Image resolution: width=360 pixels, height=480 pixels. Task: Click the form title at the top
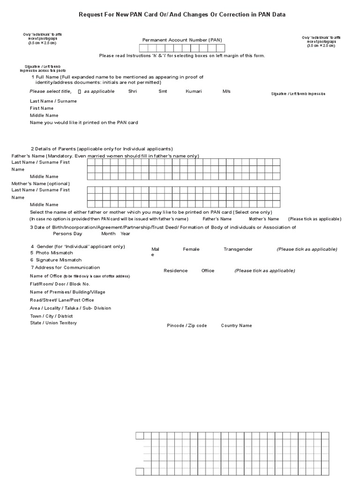click(181, 15)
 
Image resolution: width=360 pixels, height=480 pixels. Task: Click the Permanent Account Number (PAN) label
click(182, 40)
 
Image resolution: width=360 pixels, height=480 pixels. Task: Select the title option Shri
click(133, 91)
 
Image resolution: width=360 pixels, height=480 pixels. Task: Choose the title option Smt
click(163, 91)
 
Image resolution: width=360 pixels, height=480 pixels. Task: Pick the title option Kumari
click(194, 91)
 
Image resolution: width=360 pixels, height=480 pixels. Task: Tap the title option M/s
click(226, 91)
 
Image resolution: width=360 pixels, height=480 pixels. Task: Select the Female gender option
click(191, 249)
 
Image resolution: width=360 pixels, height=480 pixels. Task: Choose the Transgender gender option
click(238, 249)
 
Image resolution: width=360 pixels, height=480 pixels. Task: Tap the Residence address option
click(175, 270)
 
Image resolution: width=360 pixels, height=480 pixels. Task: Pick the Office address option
click(208, 270)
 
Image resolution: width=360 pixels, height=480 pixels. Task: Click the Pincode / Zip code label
click(187, 325)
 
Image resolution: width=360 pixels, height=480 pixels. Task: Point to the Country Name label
click(236, 325)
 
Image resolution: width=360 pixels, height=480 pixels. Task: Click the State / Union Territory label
click(53, 323)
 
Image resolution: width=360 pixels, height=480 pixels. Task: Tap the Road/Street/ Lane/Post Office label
click(62, 300)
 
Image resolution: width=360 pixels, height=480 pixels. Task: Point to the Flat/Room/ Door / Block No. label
click(60, 284)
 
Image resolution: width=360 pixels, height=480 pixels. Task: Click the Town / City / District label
click(52, 316)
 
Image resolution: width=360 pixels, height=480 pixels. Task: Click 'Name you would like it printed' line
click(84, 122)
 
